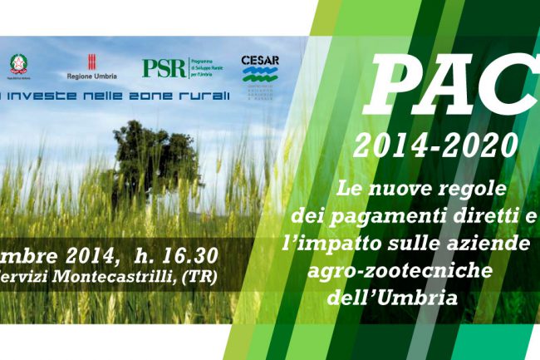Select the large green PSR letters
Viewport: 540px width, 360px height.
(x=164, y=67)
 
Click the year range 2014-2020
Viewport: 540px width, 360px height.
(x=434, y=146)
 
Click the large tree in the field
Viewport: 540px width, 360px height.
(x=155, y=163)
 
